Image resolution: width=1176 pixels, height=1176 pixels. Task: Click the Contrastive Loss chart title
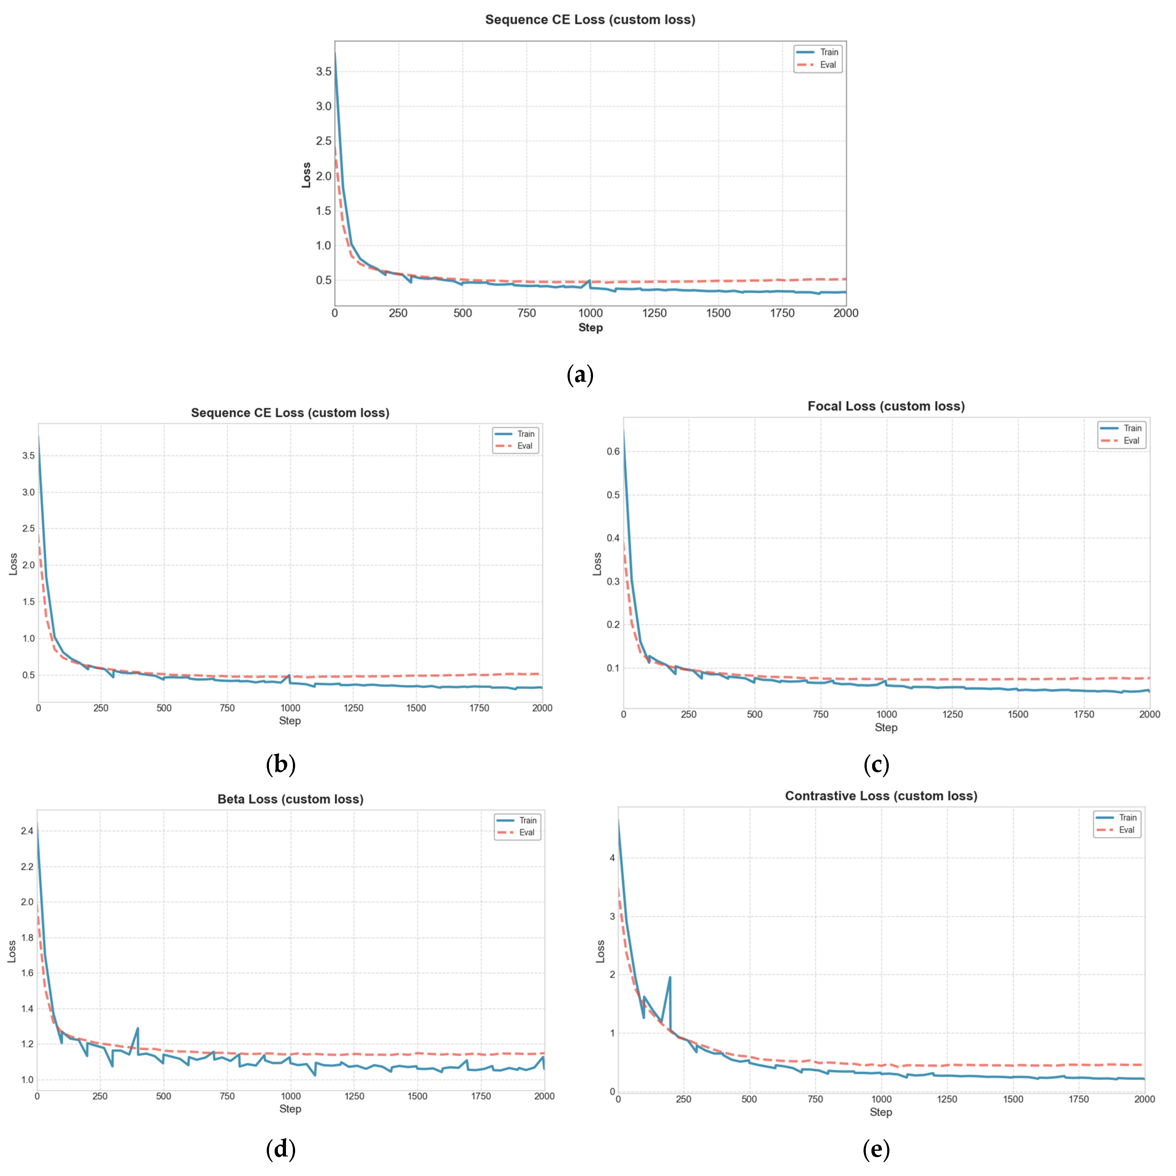coord(881,796)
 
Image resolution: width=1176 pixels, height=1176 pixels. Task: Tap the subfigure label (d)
coord(281,1149)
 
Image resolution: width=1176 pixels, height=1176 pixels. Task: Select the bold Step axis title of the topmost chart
coord(590,328)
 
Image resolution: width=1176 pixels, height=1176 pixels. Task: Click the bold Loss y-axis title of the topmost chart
coord(306,175)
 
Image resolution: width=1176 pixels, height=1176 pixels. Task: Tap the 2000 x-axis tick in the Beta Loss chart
coord(544,1096)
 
